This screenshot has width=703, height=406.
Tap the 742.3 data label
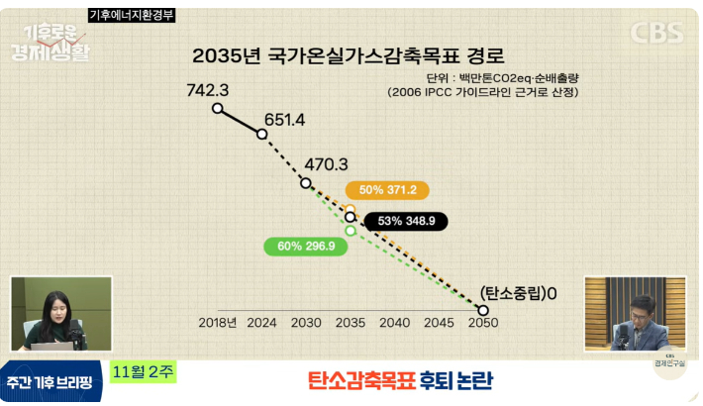(208, 90)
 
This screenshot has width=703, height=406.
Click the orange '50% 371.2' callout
(388, 190)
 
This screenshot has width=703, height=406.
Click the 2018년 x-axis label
(218, 322)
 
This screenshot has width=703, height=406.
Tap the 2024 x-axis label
(261, 322)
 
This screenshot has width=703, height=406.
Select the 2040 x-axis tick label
(394, 322)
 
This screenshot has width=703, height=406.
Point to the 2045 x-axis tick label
(439, 322)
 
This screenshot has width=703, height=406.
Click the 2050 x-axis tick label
(482, 322)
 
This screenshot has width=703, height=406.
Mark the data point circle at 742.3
(218, 109)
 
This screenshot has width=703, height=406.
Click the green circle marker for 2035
(350, 231)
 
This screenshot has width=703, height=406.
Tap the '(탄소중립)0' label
(519, 293)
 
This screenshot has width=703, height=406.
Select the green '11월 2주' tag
(144, 372)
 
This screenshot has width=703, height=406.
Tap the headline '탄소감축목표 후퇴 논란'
(400, 380)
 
